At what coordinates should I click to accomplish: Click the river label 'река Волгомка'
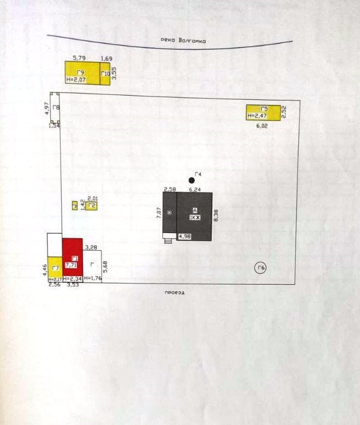[184, 40]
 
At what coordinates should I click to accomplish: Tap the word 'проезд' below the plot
[175, 292]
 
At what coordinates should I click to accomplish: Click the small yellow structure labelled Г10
[106, 74]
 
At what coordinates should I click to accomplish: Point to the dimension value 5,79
[80, 57]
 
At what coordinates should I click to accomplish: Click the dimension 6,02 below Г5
[263, 126]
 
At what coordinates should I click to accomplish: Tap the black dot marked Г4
[192, 180]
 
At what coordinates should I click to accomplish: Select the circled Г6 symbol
[260, 268]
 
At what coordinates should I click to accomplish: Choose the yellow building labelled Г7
[55, 268]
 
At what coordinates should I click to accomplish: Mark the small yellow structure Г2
[92, 206]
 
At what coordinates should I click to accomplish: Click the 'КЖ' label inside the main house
[194, 217]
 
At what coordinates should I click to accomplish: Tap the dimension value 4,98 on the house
[184, 237]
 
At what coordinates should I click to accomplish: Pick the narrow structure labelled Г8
[53, 108]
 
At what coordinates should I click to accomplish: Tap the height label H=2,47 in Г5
[257, 116]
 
